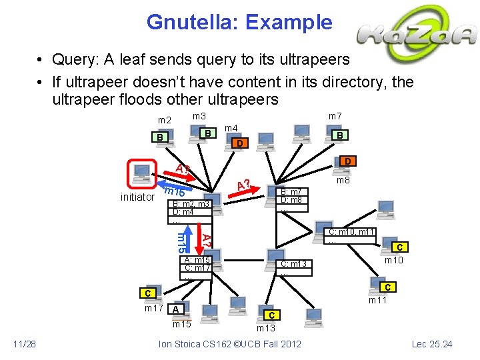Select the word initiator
[x=137, y=197]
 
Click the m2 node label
[x=164, y=120]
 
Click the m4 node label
[x=231, y=127]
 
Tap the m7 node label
[x=335, y=117]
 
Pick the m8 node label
[x=343, y=180]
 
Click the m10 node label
[x=394, y=259]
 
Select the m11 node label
[x=379, y=301]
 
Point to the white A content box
[x=175, y=309]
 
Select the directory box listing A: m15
[x=197, y=267]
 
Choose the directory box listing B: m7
[x=292, y=199]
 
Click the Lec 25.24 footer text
[x=432, y=344]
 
